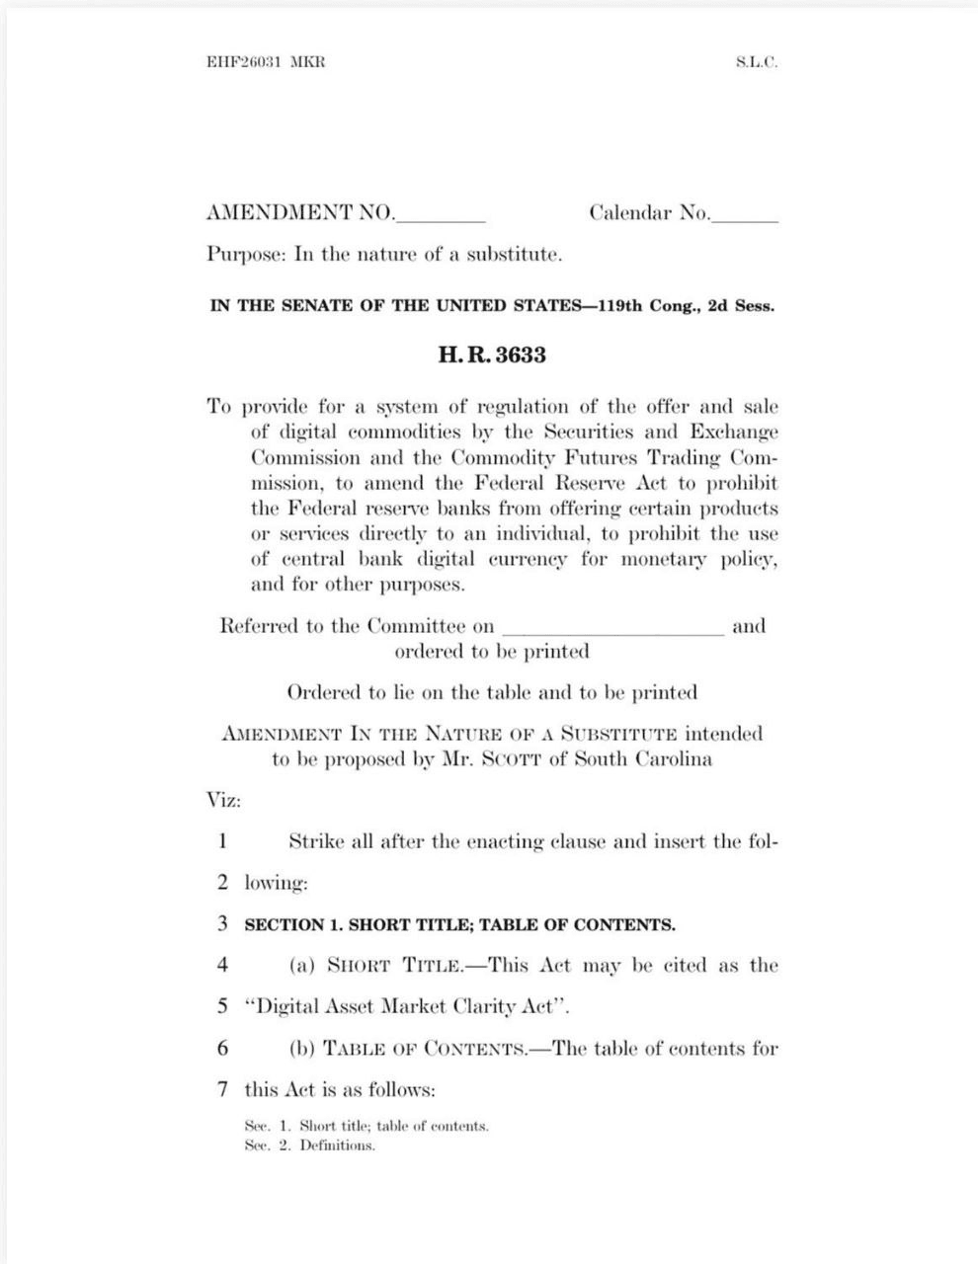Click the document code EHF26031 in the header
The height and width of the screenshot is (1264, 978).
click(x=243, y=61)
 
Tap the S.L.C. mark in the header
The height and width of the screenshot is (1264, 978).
click(x=757, y=61)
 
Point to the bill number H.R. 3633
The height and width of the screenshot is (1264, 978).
click(x=492, y=355)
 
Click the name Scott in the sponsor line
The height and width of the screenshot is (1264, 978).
click(x=488, y=759)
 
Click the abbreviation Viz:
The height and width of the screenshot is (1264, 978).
click(x=223, y=800)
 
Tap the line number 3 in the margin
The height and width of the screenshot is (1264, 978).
click(x=223, y=924)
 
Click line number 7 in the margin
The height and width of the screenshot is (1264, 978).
click(x=223, y=1090)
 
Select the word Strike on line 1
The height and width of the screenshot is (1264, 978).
click(x=316, y=842)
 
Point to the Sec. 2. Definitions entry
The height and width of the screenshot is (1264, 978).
click(x=310, y=1145)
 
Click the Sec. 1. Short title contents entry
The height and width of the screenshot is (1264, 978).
click(x=367, y=1126)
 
